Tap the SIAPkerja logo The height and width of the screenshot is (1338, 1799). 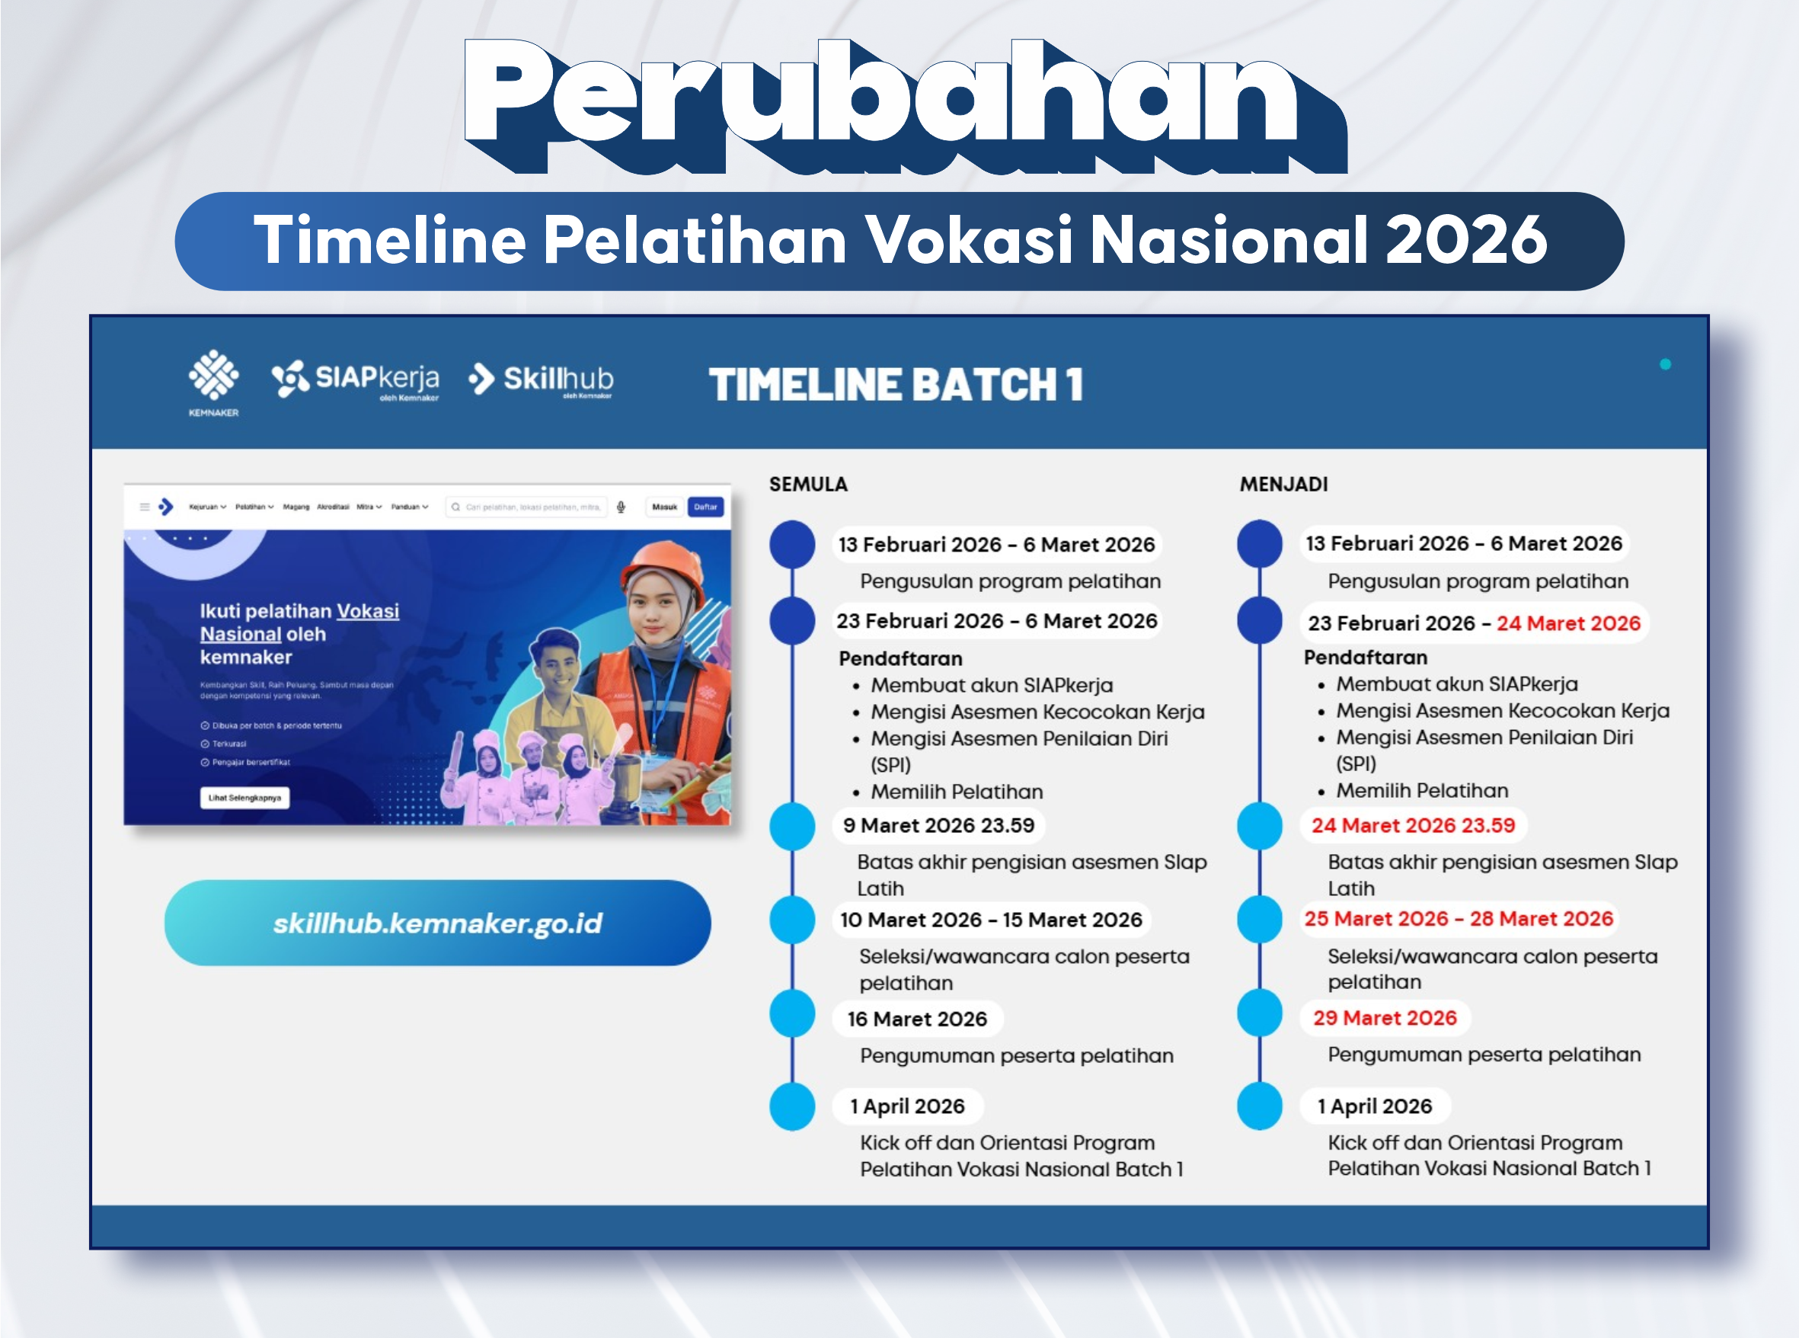click(356, 379)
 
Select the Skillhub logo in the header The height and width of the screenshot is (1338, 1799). click(541, 379)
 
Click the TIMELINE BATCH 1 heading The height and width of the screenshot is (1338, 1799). click(896, 384)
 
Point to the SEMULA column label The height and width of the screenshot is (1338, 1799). click(808, 485)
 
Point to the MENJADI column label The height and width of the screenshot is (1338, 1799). click(1283, 485)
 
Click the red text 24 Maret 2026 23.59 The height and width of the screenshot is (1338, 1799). click(1413, 825)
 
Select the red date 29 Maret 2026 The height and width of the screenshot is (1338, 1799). click(1385, 1018)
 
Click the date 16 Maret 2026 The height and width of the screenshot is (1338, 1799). click(917, 1019)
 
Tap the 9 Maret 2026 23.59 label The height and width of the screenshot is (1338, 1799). click(938, 825)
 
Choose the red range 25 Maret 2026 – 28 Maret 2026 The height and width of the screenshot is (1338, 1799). click(1458, 918)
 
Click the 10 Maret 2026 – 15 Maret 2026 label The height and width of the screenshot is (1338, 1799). click(991, 920)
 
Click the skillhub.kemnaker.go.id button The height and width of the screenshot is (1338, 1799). click(437, 923)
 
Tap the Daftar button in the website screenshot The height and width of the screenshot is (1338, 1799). click(705, 507)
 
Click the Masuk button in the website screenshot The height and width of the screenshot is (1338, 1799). click(664, 507)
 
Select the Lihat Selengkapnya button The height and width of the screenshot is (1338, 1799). click(244, 798)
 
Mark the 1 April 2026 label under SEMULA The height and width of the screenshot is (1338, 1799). click(907, 1106)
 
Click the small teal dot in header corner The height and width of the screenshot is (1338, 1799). click(1666, 364)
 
